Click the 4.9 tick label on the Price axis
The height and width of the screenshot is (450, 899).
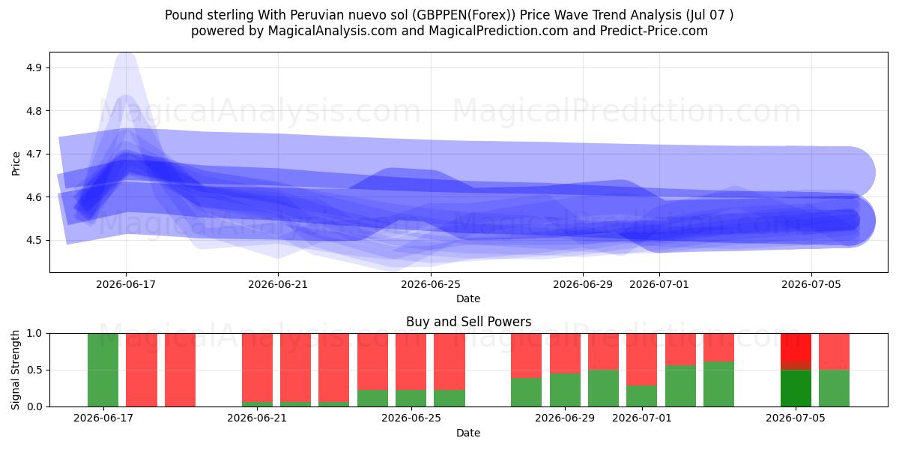(33, 67)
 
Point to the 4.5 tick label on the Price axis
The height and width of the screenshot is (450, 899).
(33, 240)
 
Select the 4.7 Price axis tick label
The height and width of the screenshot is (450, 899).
(33, 154)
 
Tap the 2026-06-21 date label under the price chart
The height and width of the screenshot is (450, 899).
(278, 284)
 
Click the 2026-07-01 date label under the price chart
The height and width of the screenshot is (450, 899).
(659, 284)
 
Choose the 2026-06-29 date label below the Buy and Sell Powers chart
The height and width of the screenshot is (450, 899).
(565, 418)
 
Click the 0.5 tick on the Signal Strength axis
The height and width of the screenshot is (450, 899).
(34, 370)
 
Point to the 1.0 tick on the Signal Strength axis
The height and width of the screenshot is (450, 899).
(34, 334)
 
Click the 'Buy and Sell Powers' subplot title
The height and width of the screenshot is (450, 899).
(468, 322)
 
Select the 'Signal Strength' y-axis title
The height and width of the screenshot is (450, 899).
(15, 370)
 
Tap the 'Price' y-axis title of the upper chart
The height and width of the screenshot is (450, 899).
(16, 163)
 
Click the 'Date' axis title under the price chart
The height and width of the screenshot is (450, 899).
(468, 298)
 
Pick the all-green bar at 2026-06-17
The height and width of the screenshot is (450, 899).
(103, 370)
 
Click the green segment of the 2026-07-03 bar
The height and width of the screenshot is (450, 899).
(718, 384)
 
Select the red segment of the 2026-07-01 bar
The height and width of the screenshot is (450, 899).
(642, 359)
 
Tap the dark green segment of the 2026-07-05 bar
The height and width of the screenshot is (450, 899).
(796, 388)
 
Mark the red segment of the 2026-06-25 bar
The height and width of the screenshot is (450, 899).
(411, 361)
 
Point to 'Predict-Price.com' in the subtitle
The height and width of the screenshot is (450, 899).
(654, 31)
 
